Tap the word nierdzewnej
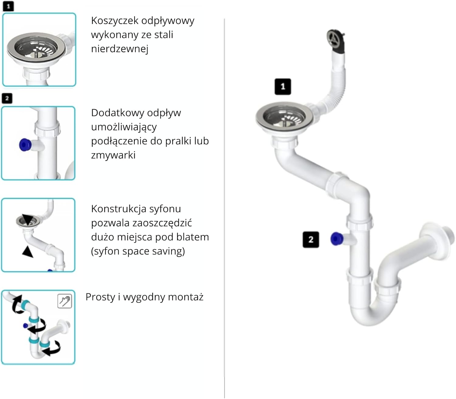[120, 49]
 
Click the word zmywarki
[113, 155]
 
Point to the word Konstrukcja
[118, 209]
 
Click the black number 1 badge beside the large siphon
[283, 87]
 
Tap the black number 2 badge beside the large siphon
[311, 240]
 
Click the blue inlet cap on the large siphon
[337, 239]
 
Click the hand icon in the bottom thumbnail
[64, 301]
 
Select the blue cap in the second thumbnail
[25, 145]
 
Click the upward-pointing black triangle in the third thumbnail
[28, 252]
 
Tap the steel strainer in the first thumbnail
[36, 47]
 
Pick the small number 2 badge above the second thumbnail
[7, 98]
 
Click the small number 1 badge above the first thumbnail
[8, 6]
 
